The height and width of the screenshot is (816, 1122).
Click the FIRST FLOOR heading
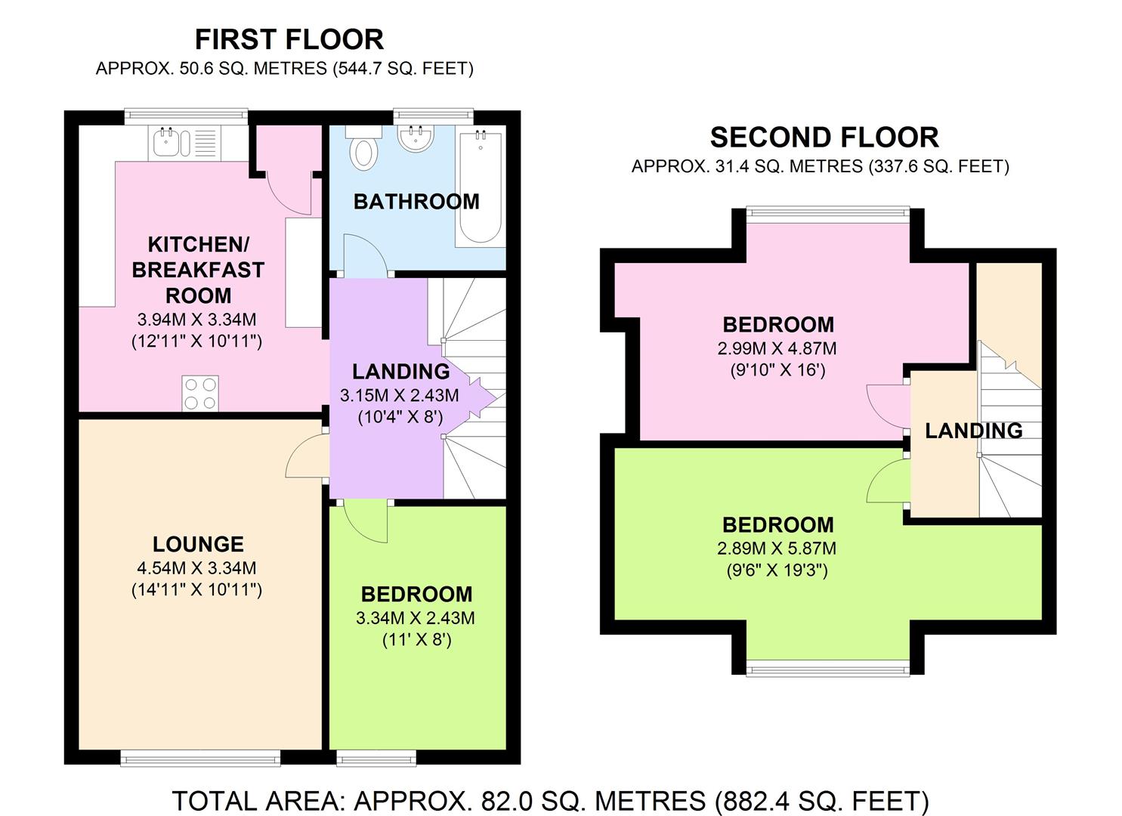click(289, 39)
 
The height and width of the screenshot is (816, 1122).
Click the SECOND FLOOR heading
click(824, 138)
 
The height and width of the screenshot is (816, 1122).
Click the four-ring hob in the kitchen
click(200, 394)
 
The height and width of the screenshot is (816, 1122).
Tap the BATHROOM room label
click(416, 202)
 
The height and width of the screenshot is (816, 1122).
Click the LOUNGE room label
click(198, 544)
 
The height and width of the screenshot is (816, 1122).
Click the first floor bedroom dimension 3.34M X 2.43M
click(416, 618)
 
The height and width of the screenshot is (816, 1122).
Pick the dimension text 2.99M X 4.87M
click(777, 348)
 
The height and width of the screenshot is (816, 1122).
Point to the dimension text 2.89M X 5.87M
click(777, 549)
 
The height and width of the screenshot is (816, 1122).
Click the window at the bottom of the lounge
click(200, 757)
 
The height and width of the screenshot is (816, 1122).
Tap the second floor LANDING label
click(973, 431)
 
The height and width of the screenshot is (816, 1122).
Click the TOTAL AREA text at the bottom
click(550, 800)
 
